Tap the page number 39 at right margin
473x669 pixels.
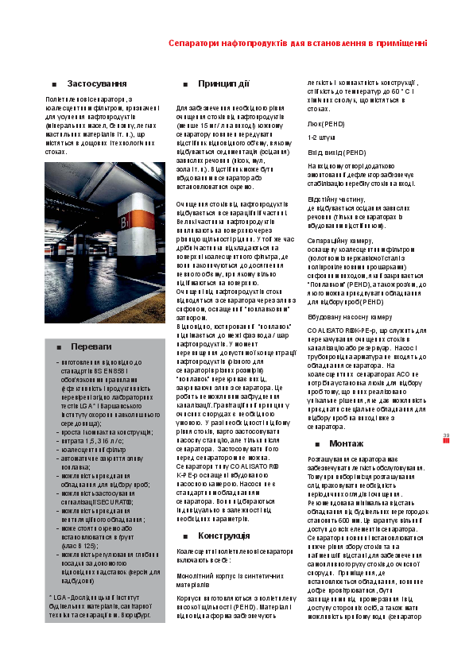click(446, 435)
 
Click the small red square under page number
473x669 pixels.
click(446, 443)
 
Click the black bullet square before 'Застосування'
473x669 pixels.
click(53, 84)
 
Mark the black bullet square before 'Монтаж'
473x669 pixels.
click(316, 443)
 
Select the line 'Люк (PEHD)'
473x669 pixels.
click(325, 124)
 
